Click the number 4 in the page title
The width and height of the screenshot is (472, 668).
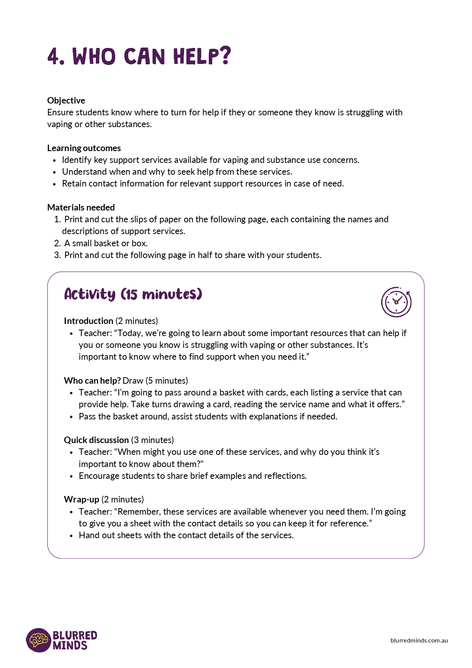coord(54,57)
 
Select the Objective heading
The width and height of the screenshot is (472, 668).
coord(66,100)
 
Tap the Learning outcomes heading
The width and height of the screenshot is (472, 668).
coord(84,148)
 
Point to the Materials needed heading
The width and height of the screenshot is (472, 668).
coord(81,207)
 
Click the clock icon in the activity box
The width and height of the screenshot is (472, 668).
coord(396,302)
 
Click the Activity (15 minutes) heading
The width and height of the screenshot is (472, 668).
coord(133,294)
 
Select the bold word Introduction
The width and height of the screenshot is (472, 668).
coord(89,321)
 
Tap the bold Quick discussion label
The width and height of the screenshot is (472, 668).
coord(96,440)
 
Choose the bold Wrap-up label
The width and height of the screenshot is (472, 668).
coord(81,499)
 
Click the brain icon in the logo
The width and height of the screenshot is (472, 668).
coord(39,640)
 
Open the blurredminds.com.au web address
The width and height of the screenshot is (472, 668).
coord(419,641)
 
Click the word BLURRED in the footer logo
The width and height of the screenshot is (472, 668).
coord(75,635)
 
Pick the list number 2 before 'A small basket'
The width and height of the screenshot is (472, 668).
coord(57,243)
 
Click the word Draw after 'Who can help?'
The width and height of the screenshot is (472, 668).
coord(133,381)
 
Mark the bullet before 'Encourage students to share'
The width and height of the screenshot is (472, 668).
coord(72,477)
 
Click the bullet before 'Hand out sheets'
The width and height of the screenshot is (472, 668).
coord(72,536)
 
